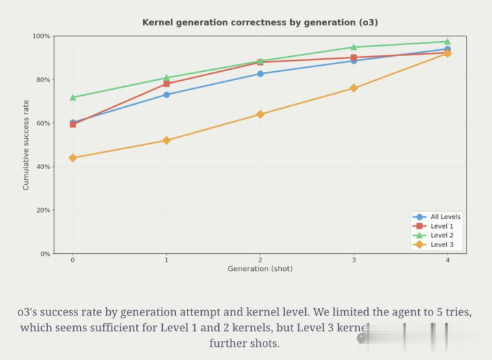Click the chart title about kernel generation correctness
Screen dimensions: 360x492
[260, 23]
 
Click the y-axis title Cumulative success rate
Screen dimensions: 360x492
[26, 145]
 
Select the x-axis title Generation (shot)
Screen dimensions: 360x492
[260, 269]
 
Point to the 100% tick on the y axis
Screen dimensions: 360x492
[41, 36]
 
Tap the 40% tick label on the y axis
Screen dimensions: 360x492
[42, 167]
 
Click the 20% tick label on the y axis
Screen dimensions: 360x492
[42, 210]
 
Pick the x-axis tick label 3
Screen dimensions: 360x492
[354, 260]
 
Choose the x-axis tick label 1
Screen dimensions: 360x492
[166, 260]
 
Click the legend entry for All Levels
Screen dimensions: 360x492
[445, 217]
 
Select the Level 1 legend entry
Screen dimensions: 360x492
[441, 227]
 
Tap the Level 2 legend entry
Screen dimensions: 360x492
[441, 235]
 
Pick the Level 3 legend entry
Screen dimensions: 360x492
[441, 245]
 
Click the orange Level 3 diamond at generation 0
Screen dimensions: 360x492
[73, 158]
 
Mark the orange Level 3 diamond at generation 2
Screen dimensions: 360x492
[260, 114]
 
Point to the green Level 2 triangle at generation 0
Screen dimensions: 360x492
[73, 97]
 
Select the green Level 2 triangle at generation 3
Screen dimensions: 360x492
[354, 47]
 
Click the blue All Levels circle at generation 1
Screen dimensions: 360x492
[166, 94]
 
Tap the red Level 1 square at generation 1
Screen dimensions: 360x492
[166, 84]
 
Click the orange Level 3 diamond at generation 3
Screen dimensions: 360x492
[354, 88]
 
